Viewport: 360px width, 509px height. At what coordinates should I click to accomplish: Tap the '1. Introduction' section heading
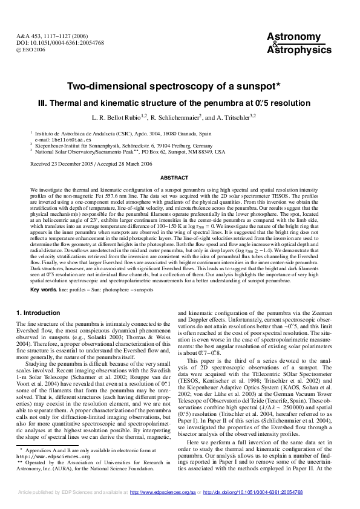click(x=38, y=313)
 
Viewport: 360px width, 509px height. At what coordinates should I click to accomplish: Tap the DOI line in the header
click(x=59, y=44)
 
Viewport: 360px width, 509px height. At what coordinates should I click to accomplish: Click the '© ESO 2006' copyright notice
click(x=31, y=50)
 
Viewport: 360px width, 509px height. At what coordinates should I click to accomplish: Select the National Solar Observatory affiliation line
click(x=129, y=152)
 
